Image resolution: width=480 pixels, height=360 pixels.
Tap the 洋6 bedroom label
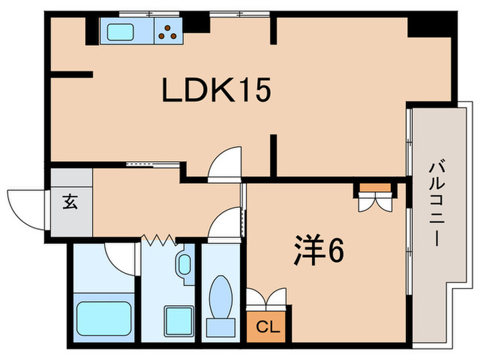click(318, 252)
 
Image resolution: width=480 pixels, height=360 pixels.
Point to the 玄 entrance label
click(71, 203)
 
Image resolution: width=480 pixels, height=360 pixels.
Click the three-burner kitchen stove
click(169, 31)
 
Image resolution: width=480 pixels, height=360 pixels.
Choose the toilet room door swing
click(224, 225)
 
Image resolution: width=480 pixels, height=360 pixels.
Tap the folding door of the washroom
click(160, 240)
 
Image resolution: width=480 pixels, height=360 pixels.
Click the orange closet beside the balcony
click(374, 187)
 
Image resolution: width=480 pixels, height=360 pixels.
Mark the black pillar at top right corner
click(428, 25)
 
